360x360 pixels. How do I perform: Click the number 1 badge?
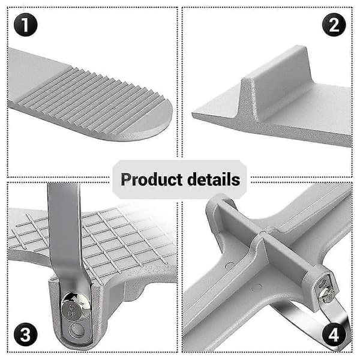coord(25,25)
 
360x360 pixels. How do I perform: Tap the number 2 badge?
coord(334,25)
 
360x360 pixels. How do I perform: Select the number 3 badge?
coord(25,334)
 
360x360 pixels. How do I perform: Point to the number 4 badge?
coord(334,334)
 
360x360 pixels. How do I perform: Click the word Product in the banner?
coord(152,179)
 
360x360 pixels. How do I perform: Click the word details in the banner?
coord(214,179)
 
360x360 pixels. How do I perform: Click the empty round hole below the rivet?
coord(76,331)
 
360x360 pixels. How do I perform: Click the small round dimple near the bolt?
coord(256,287)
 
